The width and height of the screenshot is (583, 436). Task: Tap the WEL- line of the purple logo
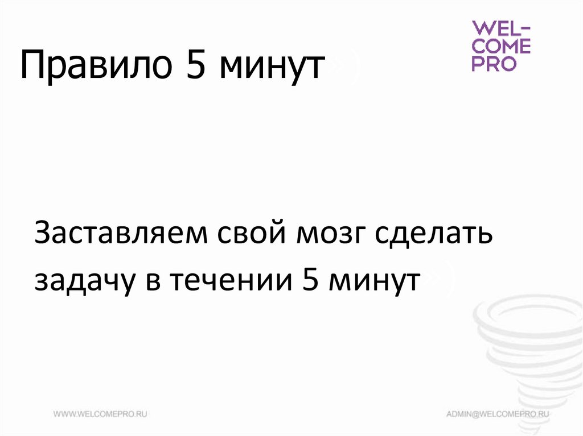tap(500, 29)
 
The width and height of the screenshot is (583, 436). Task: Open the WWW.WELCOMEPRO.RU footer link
tap(101, 414)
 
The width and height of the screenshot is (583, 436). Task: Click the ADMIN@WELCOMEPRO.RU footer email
tap(497, 414)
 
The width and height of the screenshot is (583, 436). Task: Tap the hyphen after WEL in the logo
tap(524, 29)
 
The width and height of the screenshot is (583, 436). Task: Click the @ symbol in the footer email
tap(477, 414)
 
